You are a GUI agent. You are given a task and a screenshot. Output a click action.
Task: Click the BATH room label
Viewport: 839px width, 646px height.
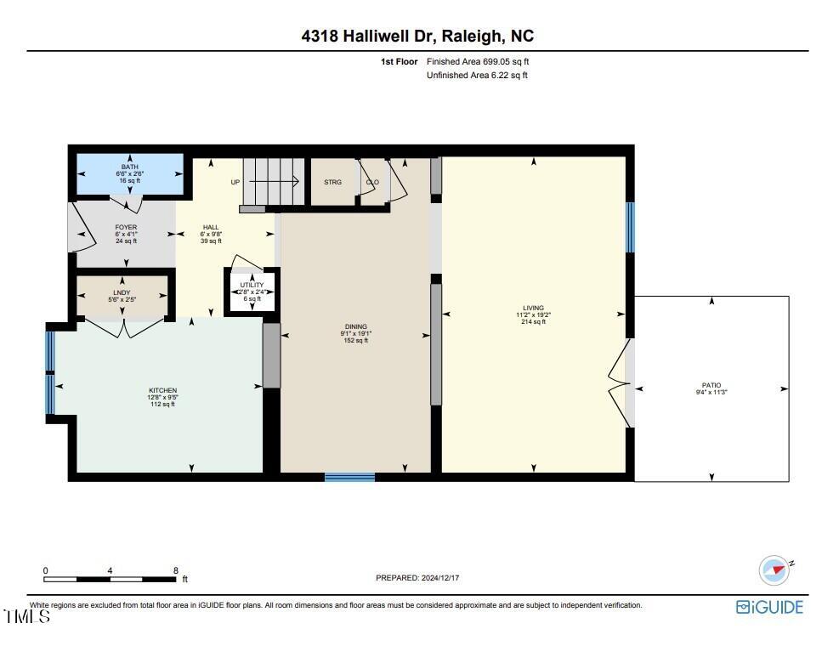tap(129, 167)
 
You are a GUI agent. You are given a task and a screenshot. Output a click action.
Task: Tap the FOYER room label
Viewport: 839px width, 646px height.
tap(127, 228)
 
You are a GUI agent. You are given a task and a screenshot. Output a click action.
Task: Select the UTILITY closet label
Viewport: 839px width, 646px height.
tap(252, 285)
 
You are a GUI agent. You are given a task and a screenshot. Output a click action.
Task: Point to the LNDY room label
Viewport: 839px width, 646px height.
tap(122, 292)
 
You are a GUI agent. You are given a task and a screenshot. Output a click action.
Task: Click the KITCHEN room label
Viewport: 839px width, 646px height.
tap(162, 391)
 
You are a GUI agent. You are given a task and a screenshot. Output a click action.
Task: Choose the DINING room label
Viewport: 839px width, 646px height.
tap(356, 326)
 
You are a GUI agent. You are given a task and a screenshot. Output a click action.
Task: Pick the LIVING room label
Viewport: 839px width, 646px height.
tap(534, 308)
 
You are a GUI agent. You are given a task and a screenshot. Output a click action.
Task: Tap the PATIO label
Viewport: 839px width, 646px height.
tap(711, 385)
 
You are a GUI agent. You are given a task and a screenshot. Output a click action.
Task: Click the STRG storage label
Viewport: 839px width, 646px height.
tap(333, 182)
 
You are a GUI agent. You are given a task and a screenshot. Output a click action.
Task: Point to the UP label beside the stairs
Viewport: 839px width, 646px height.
tap(235, 182)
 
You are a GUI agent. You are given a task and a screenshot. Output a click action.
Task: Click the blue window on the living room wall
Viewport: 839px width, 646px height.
tap(631, 227)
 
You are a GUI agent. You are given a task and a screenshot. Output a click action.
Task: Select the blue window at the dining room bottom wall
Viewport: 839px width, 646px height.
tap(350, 477)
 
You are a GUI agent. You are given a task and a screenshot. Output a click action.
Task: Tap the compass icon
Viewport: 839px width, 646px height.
tap(774, 570)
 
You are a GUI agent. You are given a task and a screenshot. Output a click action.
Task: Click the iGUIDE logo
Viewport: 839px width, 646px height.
tap(769, 607)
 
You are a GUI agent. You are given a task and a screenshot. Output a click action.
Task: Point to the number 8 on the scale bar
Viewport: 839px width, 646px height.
tap(175, 570)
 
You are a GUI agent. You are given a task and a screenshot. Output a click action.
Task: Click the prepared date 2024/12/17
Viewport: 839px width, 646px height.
tap(440, 578)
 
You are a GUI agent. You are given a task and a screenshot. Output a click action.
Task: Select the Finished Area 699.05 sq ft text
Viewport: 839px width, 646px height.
tap(478, 61)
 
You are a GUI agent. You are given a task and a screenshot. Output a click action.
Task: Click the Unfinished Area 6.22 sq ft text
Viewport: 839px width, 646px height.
tap(477, 76)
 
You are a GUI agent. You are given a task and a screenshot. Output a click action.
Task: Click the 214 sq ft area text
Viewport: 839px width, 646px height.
tap(534, 321)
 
